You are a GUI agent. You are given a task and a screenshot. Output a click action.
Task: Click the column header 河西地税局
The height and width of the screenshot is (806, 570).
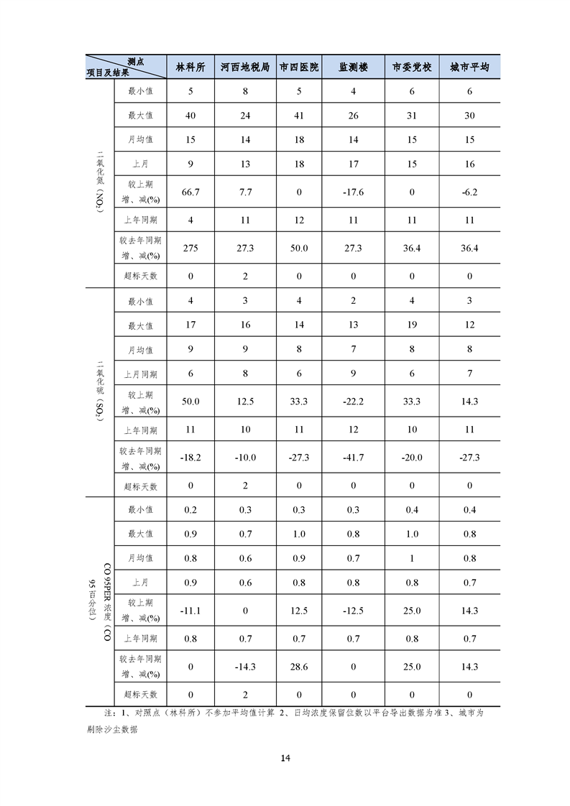(x=245, y=67)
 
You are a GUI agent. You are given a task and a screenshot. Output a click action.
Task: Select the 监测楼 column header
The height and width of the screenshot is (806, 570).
(x=353, y=67)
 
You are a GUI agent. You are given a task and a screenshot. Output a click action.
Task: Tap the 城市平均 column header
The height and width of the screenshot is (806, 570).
(x=469, y=67)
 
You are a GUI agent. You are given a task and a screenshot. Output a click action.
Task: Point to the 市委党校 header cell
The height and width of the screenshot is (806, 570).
(x=412, y=67)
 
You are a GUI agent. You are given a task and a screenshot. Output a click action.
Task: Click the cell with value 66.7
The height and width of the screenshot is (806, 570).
(x=190, y=192)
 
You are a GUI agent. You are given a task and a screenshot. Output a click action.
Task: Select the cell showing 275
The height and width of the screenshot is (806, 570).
(x=190, y=248)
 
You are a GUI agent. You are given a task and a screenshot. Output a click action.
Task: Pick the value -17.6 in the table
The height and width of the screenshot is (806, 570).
(x=353, y=192)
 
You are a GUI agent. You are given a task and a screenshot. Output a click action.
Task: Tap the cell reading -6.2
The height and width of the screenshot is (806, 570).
(x=469, y=192)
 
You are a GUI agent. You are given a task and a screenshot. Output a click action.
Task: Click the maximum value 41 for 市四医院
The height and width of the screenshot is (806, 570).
(x=299, y=115)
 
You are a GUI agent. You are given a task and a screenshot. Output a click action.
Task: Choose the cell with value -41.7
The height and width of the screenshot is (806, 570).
(x=353, y=458)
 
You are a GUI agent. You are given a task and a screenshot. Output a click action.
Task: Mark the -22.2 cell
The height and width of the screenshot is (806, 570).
(x=353, y=402)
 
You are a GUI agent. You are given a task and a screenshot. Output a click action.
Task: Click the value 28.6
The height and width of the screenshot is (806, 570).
(x=299, y=667)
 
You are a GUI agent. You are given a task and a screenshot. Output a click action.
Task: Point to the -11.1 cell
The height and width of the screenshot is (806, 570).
(x=190, y=610)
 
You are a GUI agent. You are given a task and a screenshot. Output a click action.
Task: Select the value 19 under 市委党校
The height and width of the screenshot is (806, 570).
(x=412, y=325)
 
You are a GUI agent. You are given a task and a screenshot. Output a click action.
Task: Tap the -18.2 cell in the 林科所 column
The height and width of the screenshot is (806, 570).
(x=190, y=458)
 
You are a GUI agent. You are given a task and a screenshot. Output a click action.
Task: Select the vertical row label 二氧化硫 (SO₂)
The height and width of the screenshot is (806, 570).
(x=100, y=392)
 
